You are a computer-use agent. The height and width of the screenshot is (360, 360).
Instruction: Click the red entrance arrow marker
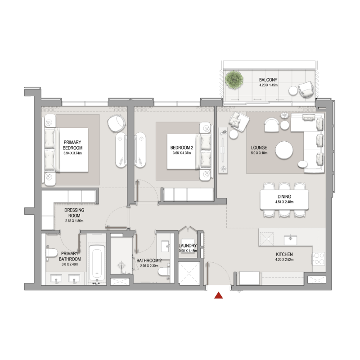point(219,296)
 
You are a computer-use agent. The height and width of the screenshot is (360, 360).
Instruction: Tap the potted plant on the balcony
point(234,80)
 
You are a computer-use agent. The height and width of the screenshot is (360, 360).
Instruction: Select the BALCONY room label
point(268,79)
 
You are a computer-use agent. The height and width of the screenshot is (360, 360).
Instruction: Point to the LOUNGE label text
point(259,148)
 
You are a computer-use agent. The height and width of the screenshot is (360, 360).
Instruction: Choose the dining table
point(284,199)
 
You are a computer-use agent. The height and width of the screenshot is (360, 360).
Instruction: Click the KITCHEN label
point(284,254)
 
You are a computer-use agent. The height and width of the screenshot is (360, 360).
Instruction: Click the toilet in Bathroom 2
point(165,270)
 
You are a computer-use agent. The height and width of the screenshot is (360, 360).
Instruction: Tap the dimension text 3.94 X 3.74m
point(73,153)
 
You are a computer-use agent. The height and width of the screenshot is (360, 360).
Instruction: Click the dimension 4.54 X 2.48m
point(284,202)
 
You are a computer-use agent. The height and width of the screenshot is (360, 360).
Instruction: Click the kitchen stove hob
point(319,260)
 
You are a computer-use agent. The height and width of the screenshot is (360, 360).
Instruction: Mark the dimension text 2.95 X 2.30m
point(149,266)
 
